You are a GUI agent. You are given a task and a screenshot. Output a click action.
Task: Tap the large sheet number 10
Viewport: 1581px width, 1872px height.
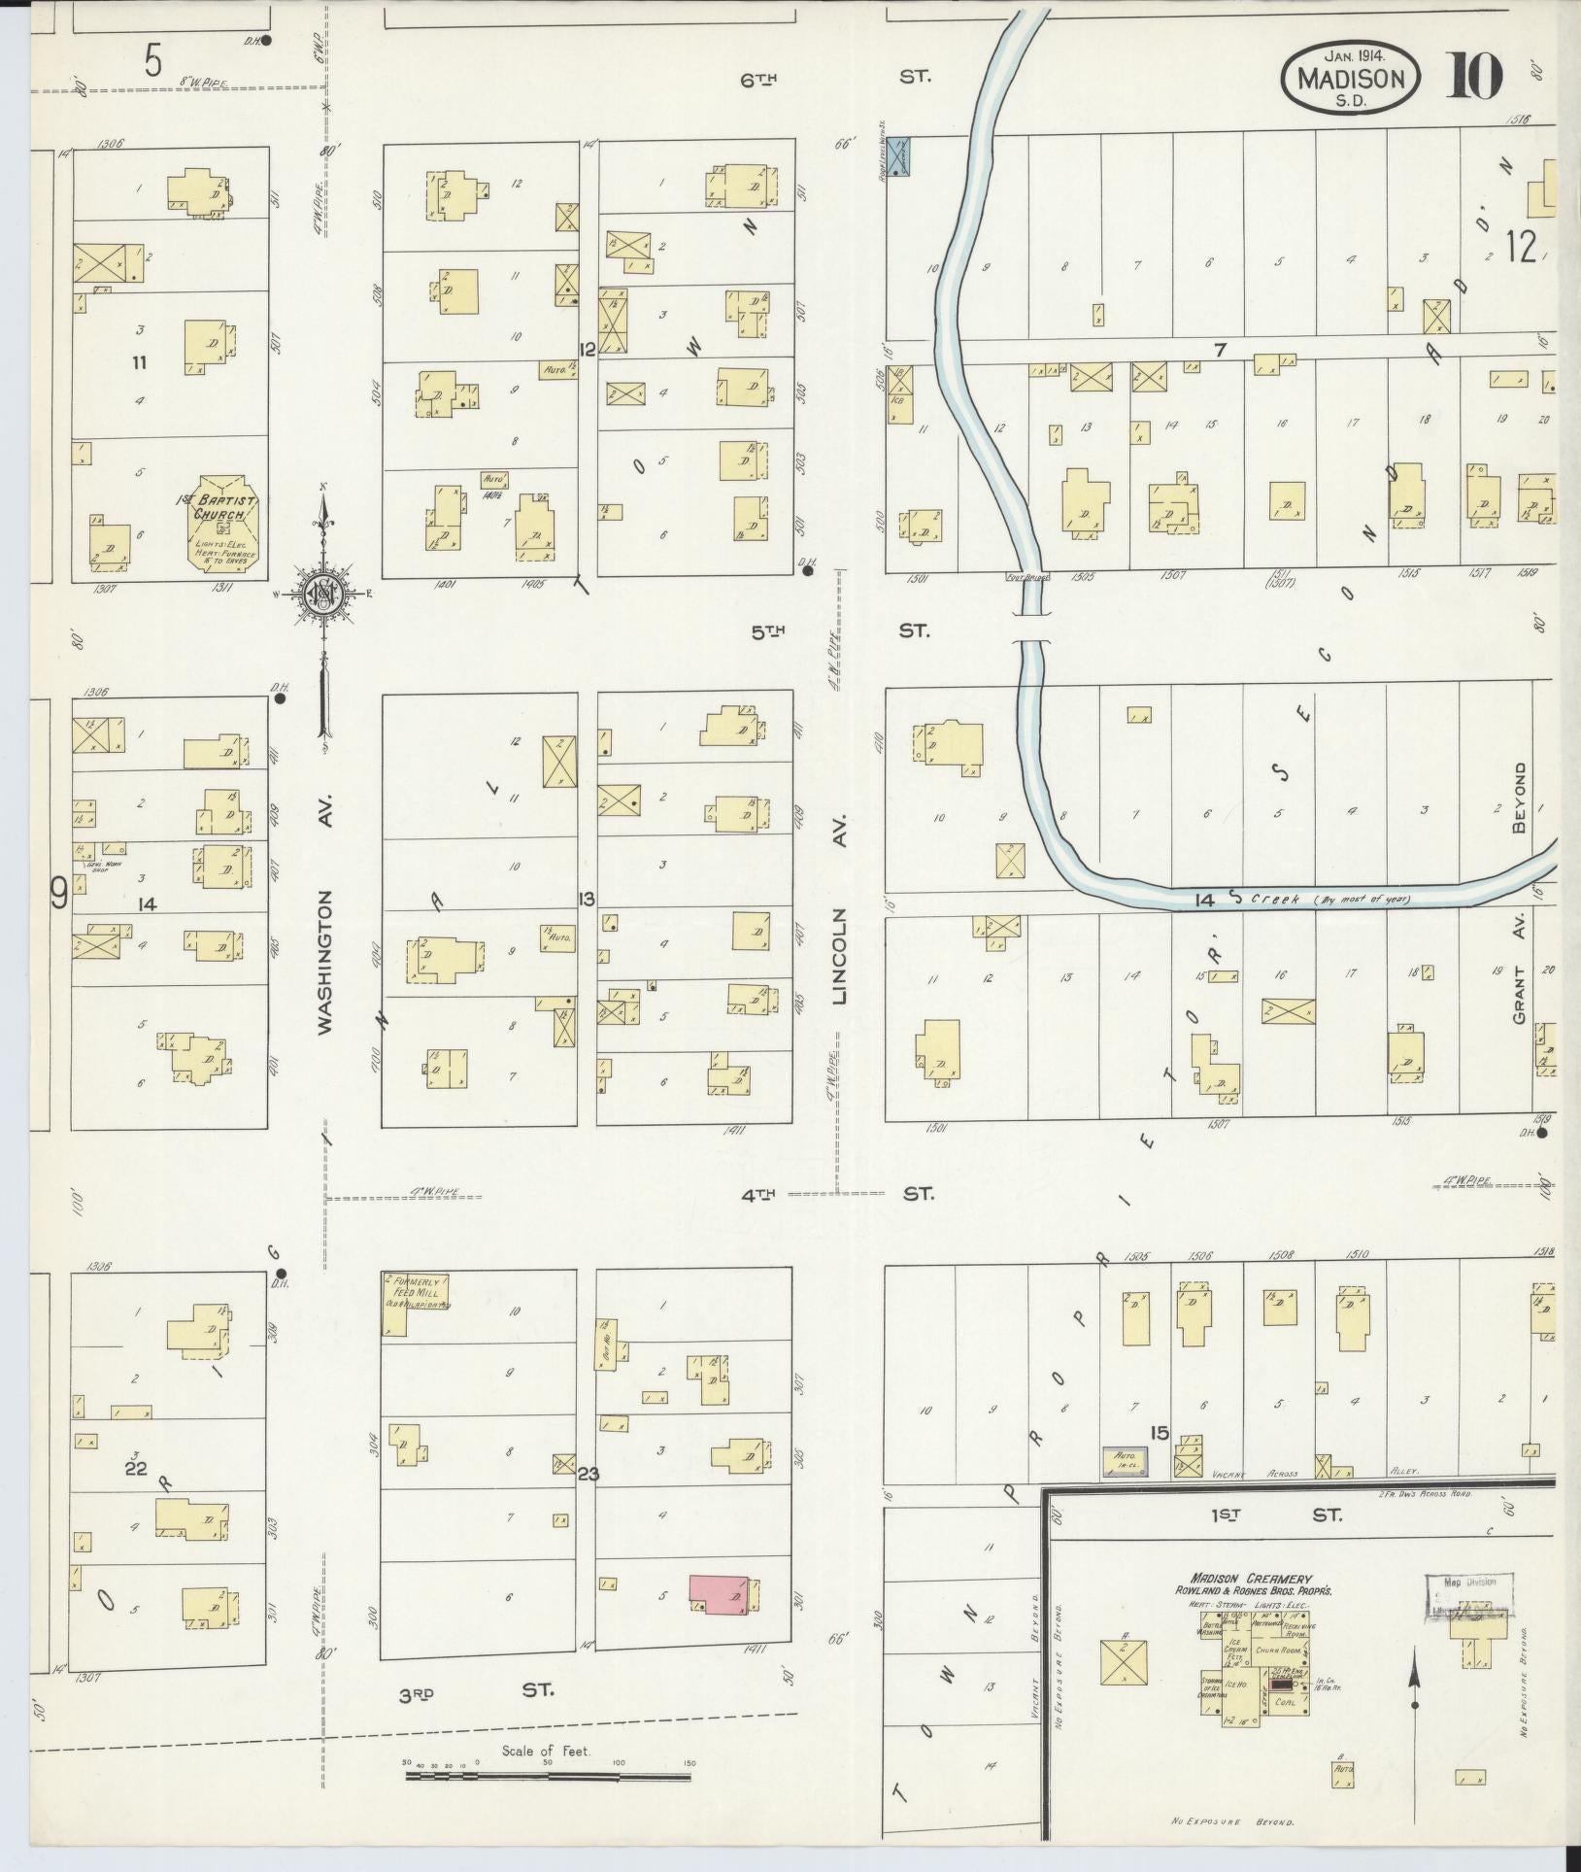coord(1475,76)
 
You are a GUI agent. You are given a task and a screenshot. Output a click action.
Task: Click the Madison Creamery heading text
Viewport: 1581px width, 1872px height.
coord(1252,1580)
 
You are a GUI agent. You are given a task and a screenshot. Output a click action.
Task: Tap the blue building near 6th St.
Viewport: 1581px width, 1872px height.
coord(899,155)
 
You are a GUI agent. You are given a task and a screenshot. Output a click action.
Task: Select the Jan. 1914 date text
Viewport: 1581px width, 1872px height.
coord(1353,54)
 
